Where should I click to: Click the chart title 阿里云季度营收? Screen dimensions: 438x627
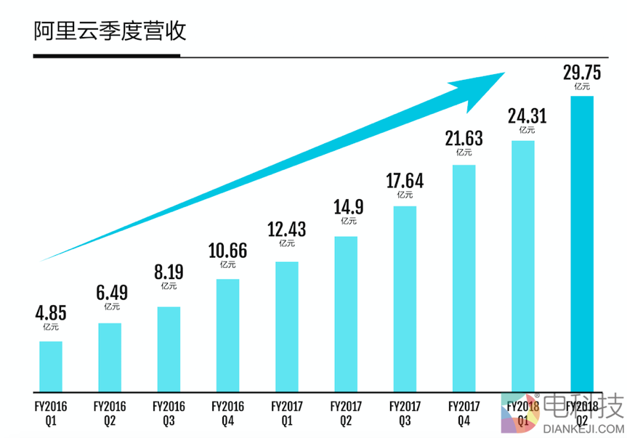pos(110,31)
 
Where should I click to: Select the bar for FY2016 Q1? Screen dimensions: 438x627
pos(51,366)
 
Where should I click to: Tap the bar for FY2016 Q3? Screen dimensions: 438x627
pos(169,349)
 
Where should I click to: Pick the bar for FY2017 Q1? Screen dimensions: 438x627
pos(287,326)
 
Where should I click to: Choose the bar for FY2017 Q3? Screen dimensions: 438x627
pos(405,299)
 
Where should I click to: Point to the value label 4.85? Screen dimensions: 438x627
pos(51,314)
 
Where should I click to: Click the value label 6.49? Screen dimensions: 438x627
pos(110,293)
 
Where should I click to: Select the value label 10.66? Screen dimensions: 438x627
pos(227,251)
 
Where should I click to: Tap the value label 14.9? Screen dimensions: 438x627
pos(346,208)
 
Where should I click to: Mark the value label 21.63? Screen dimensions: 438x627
pos(464,138)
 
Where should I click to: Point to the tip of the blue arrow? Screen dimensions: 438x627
pos(503,73)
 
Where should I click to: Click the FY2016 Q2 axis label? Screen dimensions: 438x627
pos(110,412)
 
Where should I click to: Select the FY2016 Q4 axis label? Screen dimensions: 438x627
pos(227,412)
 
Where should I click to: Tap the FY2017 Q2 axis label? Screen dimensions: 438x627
pos(346,412)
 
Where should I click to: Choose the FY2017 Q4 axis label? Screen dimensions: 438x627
pos(464,412)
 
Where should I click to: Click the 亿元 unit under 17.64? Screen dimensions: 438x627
pos(405,195)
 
